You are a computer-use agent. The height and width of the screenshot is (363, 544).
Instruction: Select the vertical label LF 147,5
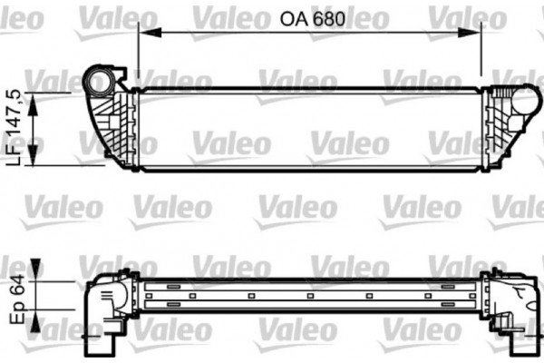pyautogui.click(x=15, y=127)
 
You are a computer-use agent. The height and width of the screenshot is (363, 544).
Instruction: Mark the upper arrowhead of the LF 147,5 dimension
pyautogui.click(x=35, y=99)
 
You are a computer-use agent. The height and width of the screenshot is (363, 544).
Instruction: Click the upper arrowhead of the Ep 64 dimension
pyautogui.click(x=35, y=269)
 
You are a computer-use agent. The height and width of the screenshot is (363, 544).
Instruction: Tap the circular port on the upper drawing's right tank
pyautogui.click(x=523, y=101)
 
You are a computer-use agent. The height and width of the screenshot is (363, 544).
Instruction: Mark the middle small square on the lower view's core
pyautogui.click(x=309, y=295)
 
